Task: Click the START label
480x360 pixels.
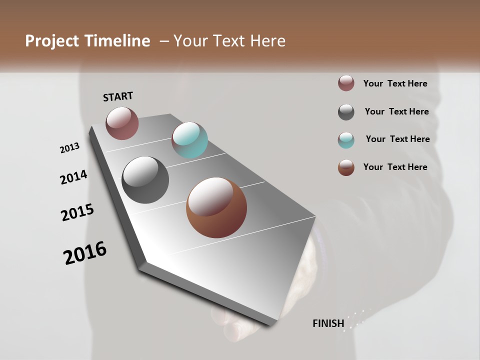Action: tap(118, 96)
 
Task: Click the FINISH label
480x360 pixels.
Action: tap(328, 323)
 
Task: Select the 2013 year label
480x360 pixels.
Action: tap(70, 148)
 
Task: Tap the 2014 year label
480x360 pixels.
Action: tap(73, 177)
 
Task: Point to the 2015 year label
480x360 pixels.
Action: tap(77, 212)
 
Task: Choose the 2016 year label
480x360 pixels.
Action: tap(85, 252)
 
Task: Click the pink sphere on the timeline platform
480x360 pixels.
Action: tap(122, 123)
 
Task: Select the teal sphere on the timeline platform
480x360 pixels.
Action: tap(189, 140)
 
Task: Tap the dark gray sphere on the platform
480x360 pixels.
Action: tap(145, 180)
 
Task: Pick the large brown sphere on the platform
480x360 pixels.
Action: tap(216, 207)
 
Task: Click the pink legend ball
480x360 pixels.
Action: tap(346, 83)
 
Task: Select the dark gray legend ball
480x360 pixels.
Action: tap(346, 112)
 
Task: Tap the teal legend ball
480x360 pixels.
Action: tap(346, 140)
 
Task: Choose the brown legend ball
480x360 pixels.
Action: tap(346, 167)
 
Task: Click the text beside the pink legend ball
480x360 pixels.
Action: tap(395, 83)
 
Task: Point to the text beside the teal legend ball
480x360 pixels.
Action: tap(397, 139)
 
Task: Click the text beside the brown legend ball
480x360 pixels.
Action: tap(395, 167)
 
